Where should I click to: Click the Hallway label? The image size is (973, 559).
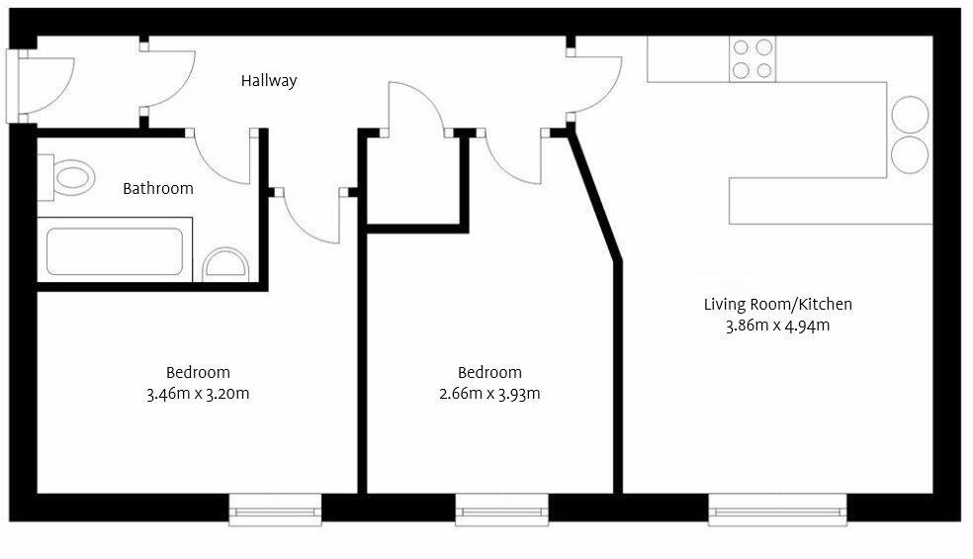point(269,81)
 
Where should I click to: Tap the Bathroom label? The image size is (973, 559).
point(158,188)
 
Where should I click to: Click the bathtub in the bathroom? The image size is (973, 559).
point(115,252)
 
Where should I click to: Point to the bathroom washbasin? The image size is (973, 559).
point(226,265)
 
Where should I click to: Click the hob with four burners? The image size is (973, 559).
point(752,58)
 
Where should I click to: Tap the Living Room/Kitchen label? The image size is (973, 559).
point(777,305)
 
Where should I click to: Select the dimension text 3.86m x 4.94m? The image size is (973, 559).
point(777,326)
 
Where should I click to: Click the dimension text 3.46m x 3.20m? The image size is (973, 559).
point(198,394)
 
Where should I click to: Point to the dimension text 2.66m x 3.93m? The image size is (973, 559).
point(489,394)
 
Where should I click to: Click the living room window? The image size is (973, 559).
point(778,511)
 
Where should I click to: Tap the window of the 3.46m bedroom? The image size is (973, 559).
point(276,511)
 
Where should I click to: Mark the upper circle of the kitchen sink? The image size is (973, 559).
point(910,115)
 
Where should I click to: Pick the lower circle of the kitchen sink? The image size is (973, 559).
point(910,155)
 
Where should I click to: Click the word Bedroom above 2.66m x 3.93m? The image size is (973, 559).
point(489,373)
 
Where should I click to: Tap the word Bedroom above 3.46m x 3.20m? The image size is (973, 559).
point(198,373)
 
